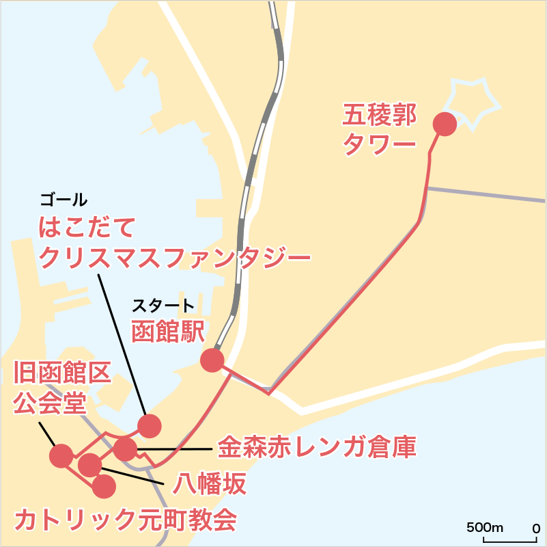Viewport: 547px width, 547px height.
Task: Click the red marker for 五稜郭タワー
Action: [x=445, y=124]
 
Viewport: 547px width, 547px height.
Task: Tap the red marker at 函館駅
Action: [x=212, y=360]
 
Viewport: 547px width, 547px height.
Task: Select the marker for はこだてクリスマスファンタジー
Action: [x=150, y=425]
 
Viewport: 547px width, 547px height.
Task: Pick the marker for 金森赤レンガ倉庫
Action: [x=125, y=449]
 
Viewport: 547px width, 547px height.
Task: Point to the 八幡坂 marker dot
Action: [x=89, y=465]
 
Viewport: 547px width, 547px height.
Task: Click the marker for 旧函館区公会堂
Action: [x=61, y=455]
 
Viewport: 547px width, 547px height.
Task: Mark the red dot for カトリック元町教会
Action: [x=104, y=486]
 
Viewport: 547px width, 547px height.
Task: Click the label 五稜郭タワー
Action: [x=378, y=129]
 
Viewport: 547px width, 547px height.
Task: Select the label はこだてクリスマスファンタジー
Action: [x=175, y=242]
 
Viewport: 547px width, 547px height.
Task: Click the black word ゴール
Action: [x=64, y=200]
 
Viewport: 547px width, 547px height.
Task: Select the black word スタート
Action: [x=163, y=304]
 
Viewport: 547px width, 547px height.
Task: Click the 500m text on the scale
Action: [x=485, y=528]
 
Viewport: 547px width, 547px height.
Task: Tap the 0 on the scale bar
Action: [x=535, y=528]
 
